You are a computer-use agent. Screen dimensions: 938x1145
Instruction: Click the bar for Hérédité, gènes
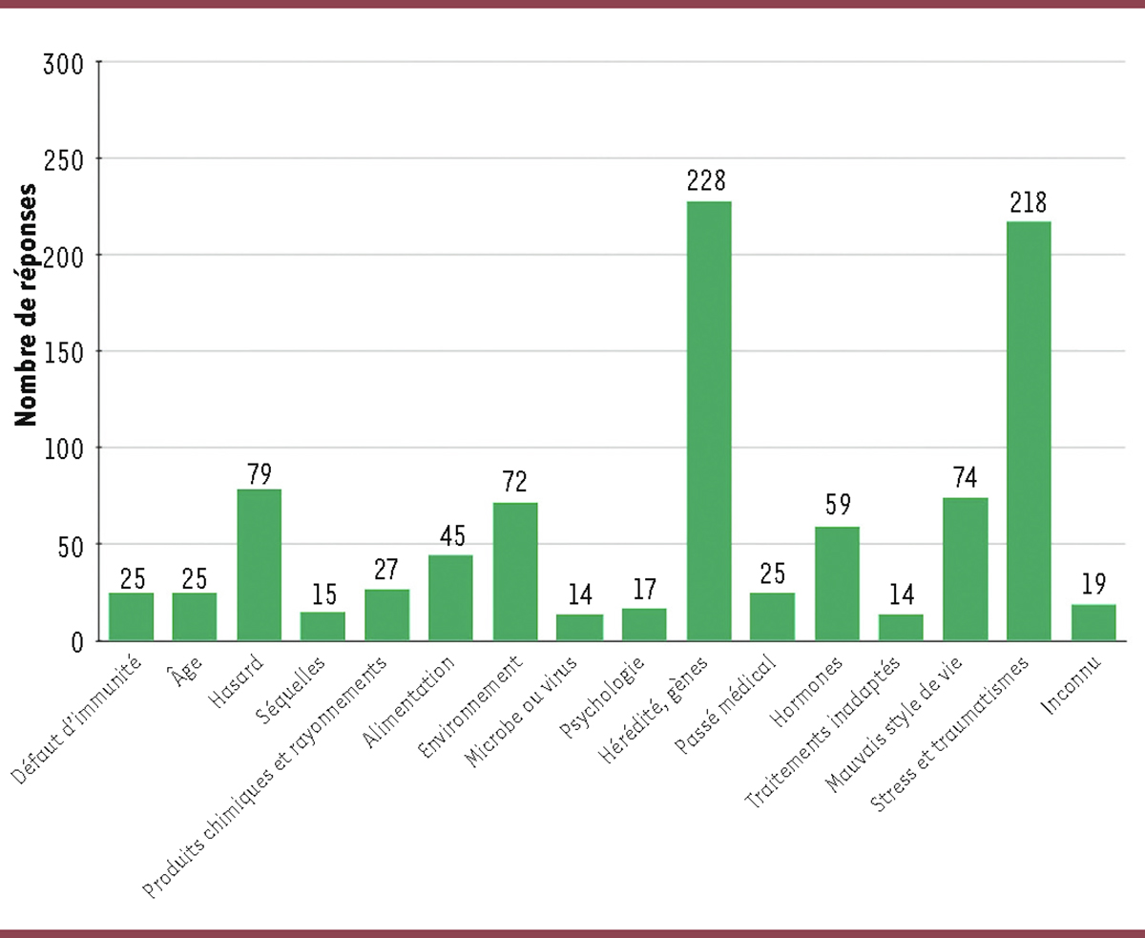click(708, 420)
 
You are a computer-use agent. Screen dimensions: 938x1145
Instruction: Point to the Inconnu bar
click(1093, 621)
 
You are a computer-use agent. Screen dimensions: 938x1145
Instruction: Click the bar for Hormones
click(837, 583)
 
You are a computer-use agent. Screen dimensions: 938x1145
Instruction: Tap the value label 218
click(1029, 202)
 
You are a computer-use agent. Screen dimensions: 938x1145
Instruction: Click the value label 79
click(259, 473)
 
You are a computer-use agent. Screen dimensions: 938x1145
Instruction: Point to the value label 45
click(451, 537)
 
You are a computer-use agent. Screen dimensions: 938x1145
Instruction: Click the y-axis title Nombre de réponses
click(27, 303)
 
